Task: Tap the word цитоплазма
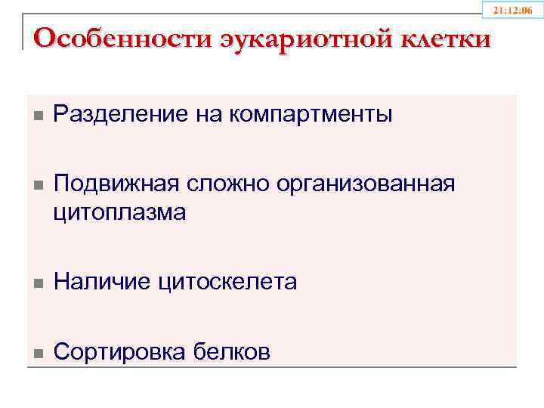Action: coord(119,213)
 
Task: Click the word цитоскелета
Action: coord(227,283)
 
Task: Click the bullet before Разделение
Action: coord(38,116)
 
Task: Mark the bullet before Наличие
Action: coord(38,283)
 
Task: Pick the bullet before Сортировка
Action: coord(38,353)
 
